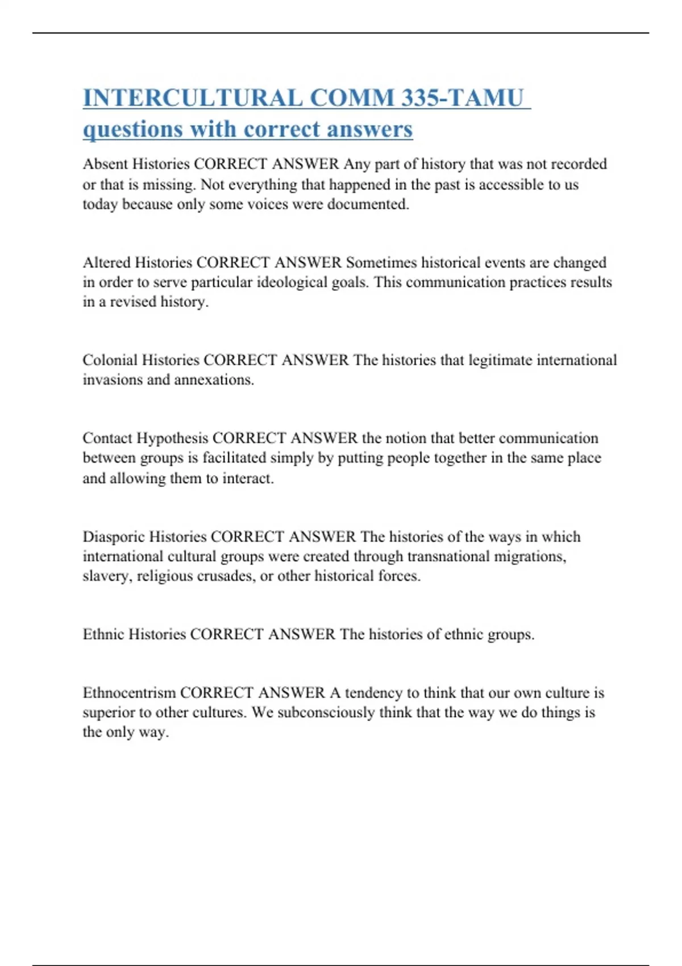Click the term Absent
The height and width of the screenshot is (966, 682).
pos(105,164)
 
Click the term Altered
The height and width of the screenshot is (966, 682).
pos(106,263)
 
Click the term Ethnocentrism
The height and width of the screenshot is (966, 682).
pos(129,693)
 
